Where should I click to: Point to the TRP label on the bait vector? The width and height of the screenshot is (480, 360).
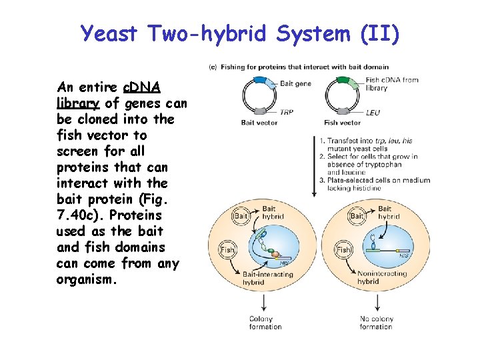tap(287, 113)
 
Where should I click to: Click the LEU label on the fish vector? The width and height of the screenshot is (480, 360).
tap(373, 113)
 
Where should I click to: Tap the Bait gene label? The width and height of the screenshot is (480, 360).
tap(295, 83)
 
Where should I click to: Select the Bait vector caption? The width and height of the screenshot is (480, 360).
tap(257, 123)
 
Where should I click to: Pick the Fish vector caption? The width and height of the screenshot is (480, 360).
tap(342, 123)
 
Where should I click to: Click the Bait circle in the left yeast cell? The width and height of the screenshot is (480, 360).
tap(241, 216)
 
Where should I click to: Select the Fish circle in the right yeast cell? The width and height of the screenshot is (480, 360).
tap(343, 250)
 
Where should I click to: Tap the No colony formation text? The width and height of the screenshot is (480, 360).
tap(376, 323)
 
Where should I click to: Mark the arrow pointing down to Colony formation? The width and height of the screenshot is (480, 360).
tap(265, 303)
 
